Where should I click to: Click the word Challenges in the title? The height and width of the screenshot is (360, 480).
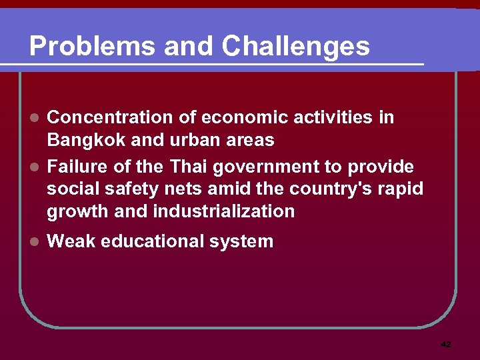coord(296,47)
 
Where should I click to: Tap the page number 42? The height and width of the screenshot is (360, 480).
coord(446,345)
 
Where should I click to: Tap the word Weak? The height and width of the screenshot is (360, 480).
coord(70,241)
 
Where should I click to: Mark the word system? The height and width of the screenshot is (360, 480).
coord(241,242)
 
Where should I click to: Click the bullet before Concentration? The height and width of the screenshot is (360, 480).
coord(37,118)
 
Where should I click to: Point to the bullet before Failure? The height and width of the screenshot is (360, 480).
coord(37,166)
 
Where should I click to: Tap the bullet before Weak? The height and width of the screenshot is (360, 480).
coord(37,242)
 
